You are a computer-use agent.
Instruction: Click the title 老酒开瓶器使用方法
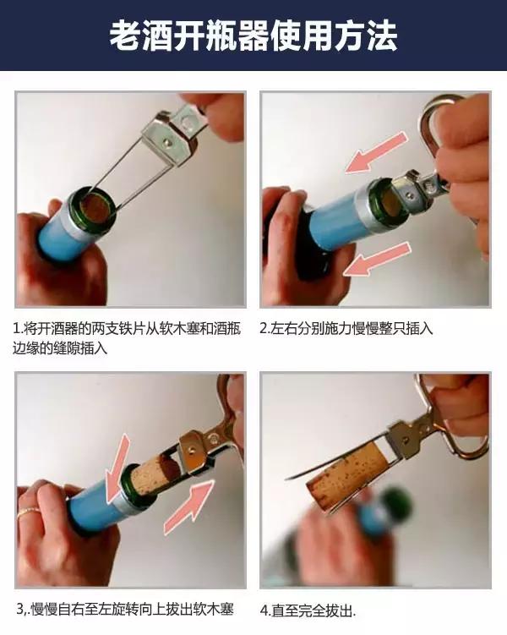[x=253, y=36]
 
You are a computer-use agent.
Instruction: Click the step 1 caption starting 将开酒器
[x=127, y=337]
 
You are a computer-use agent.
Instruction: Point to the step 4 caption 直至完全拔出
[x=308, y=609]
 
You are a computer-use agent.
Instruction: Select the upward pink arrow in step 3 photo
[x=190, y=508]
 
